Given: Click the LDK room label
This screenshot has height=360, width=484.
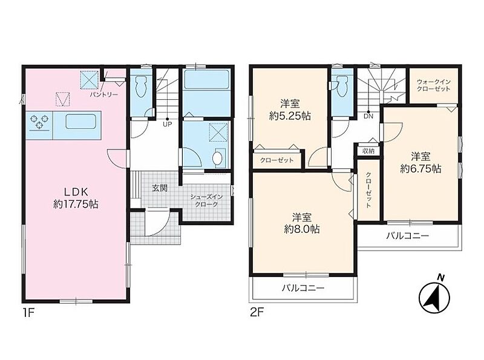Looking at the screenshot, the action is tap(76, 192).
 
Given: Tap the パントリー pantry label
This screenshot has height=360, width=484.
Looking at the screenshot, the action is tap(103, 94).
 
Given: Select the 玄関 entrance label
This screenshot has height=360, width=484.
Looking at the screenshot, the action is tap(160, 188).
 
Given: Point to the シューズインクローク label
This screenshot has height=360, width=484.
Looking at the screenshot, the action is tap(206, 200).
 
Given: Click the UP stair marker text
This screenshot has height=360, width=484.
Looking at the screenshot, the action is tap(168, 125).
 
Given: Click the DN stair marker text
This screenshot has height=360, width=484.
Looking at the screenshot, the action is tap(368, 116).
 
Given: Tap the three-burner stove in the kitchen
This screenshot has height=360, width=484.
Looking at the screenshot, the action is tap(40, 121).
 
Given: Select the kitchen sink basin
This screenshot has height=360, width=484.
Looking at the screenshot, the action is tap(80, 122).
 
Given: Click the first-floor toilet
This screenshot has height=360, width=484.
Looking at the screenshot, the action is tap(142, 86).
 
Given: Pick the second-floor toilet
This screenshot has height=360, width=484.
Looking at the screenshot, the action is tap(342, 86).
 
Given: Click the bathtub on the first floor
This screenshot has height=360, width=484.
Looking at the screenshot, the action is tap(206, 80).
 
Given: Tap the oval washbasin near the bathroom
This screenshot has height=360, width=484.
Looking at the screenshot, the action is tap(218, 158).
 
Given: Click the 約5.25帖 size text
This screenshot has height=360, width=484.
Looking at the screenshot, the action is tap(290, 116).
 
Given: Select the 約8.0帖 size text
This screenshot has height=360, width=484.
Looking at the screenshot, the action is tap(302, 229).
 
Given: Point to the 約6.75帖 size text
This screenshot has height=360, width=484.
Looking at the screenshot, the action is tap(420, 168).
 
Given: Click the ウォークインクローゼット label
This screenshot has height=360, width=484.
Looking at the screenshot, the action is tap(434, 85).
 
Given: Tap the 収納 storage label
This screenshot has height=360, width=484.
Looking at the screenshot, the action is tap(368, 151).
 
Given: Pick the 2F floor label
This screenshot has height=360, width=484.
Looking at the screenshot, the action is tap(257, 313).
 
